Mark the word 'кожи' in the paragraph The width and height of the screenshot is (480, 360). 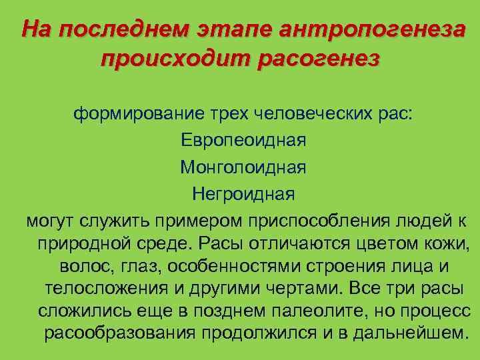[447, 243]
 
